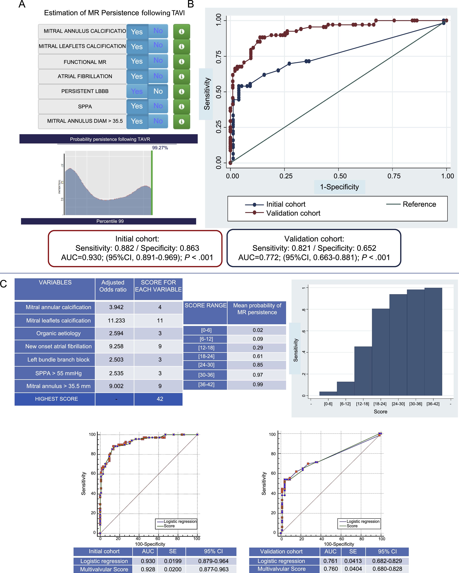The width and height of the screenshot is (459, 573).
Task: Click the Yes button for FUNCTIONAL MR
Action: pos(137,61)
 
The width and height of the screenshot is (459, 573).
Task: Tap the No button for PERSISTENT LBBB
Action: pos(158,91)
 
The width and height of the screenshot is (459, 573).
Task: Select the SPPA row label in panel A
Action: pos(85,107)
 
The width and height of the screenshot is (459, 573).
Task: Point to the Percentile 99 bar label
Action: pos(110,221)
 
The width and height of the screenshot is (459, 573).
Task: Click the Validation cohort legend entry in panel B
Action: pos(293,213)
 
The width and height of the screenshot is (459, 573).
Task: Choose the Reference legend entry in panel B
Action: pos(419,204)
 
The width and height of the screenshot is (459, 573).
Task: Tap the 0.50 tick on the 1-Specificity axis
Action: pos(340,176)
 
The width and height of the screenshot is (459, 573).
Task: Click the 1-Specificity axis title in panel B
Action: pos(339,187)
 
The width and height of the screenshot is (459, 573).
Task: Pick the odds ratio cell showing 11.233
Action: pos(116,321)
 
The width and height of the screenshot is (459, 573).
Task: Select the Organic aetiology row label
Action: pos(58,333)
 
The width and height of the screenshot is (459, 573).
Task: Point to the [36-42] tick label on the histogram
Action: pos(433,404)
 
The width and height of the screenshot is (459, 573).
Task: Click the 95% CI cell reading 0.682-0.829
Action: pos(387,561)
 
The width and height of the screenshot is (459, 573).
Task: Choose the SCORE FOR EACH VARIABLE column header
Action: pos(158,286)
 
